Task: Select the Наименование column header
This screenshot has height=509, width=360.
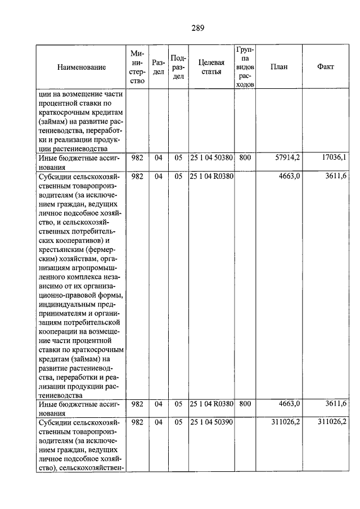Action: [x=82, y=67]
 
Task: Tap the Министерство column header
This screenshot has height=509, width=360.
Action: [x=137, y=67]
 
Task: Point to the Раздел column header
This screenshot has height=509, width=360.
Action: [x=158, y=67]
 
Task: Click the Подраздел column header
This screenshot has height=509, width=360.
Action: [x=178, y=67]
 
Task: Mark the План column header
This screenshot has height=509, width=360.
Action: [x=278, y=67]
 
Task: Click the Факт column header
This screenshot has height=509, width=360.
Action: [x=325, y=67]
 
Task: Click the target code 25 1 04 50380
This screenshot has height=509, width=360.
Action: [x=211, y=157]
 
